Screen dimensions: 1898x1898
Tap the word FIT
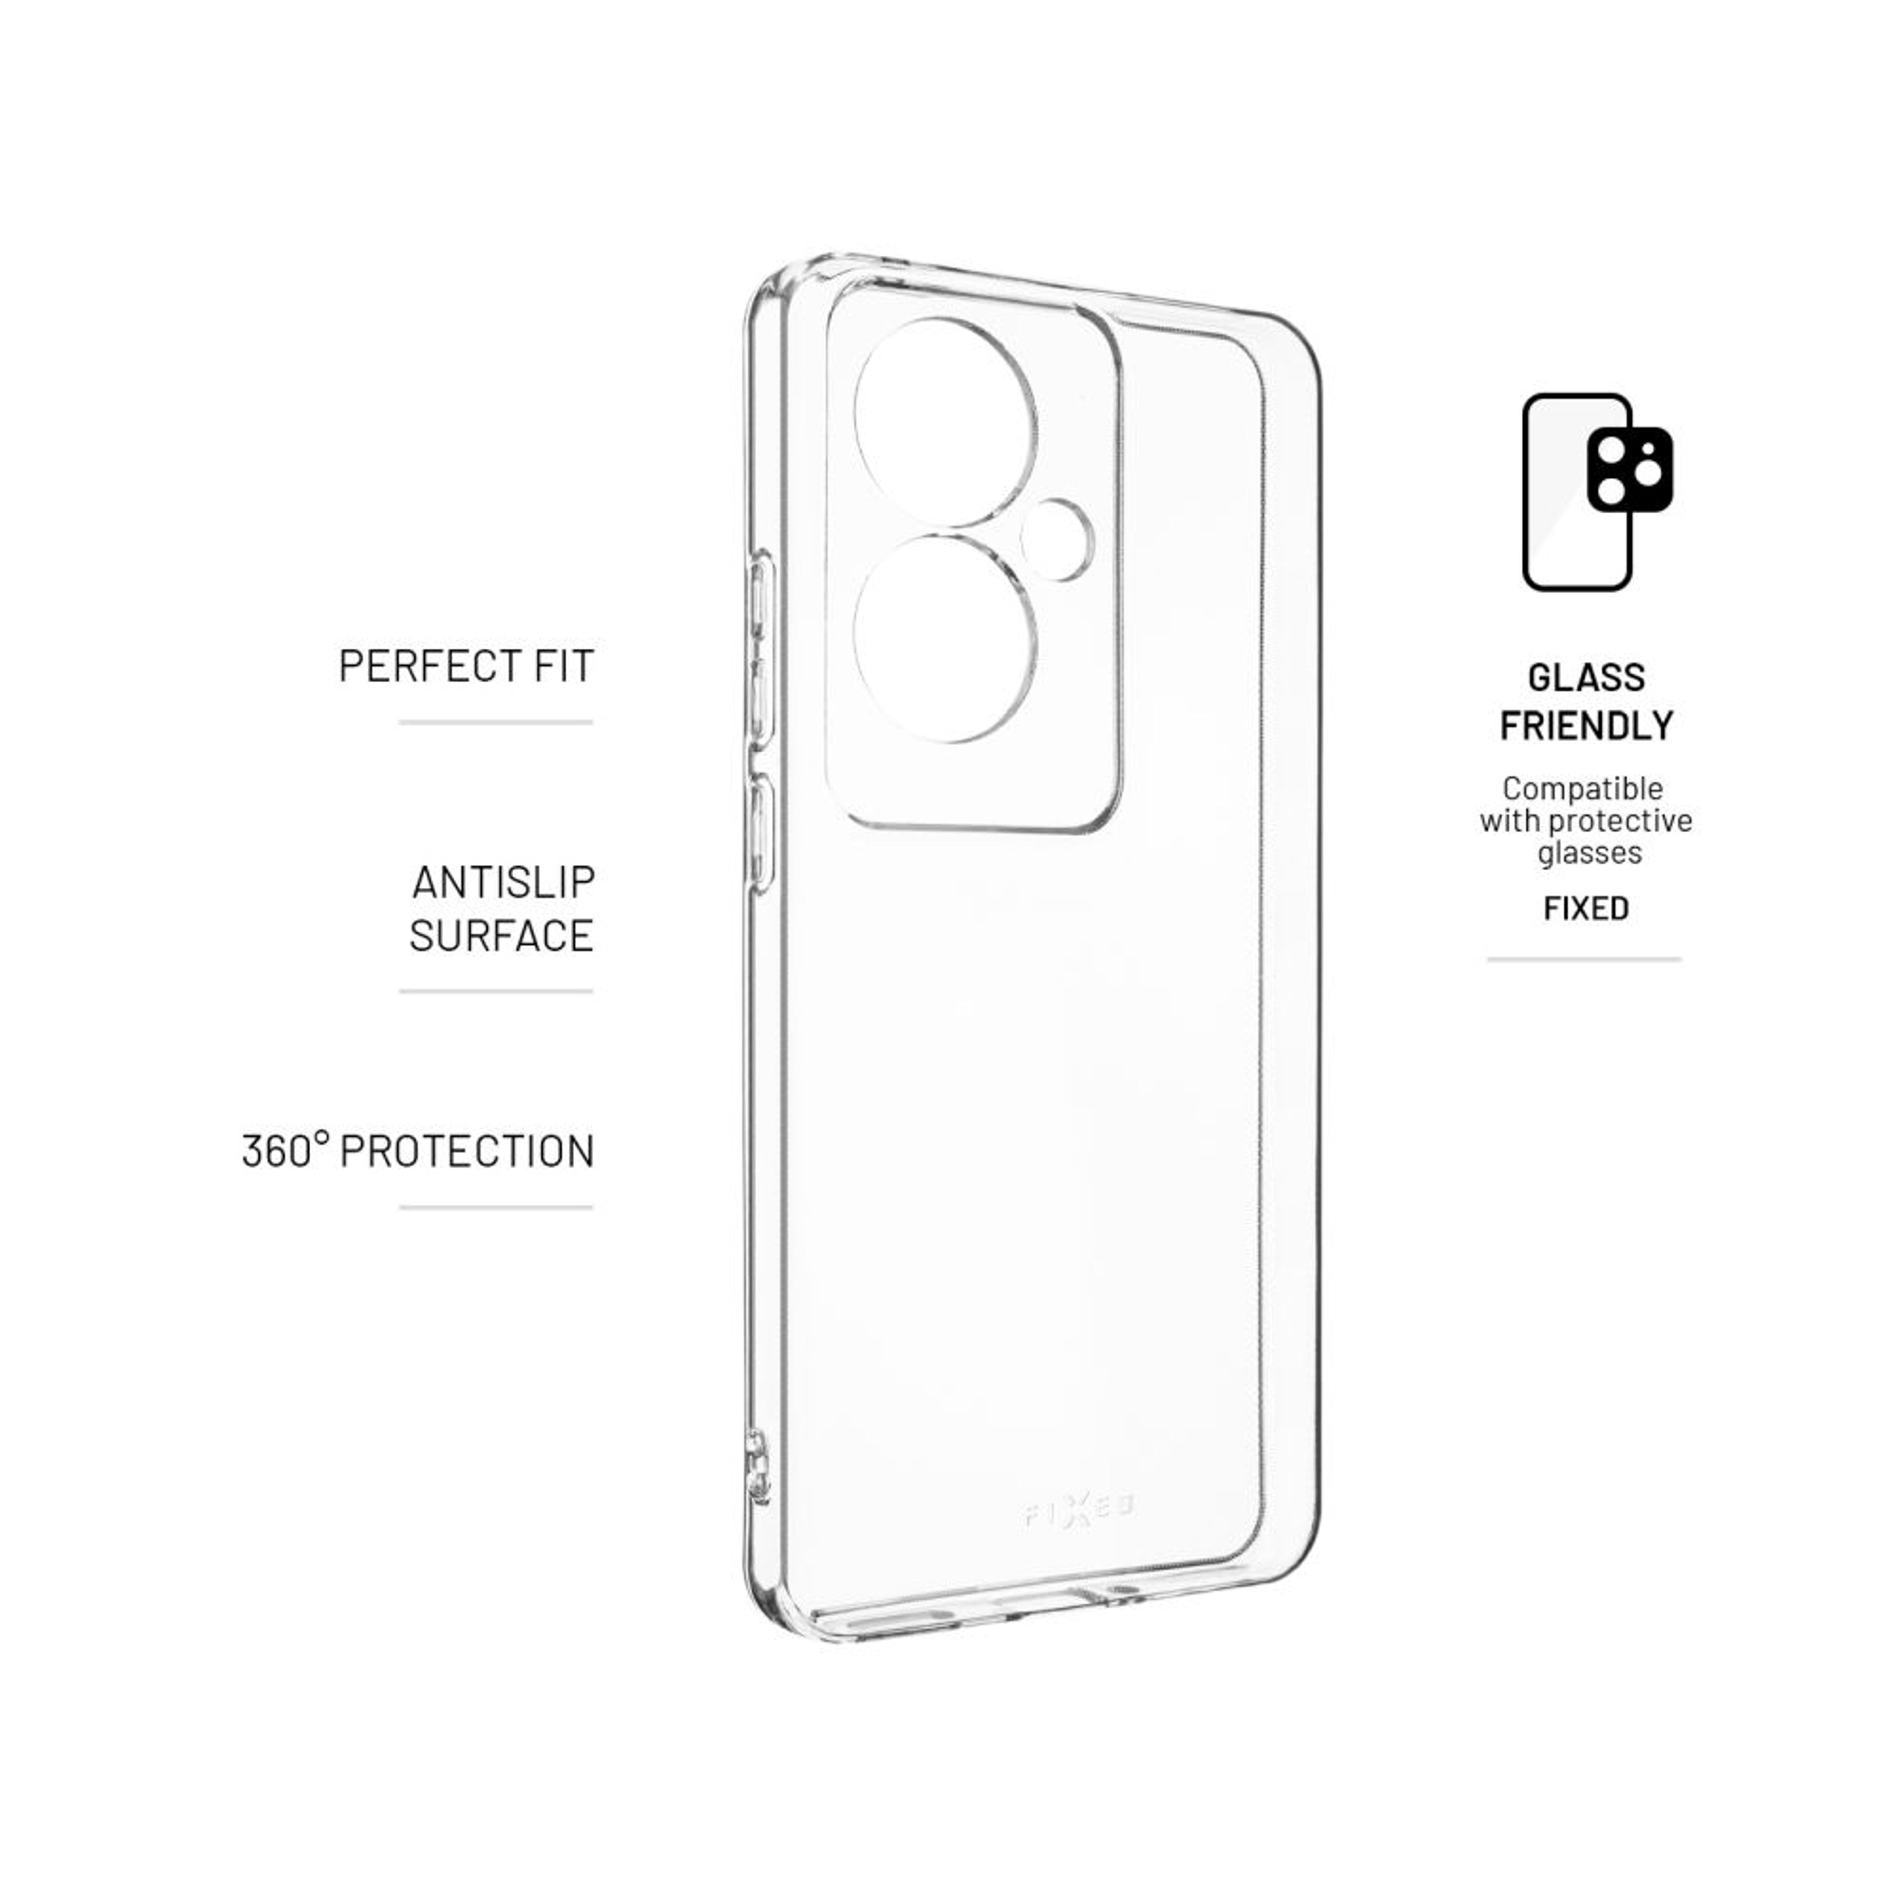[565, 666]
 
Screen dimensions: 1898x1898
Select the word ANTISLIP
[503, 882]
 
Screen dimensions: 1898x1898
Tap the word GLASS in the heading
[1586, 678]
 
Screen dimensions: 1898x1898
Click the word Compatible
[1583, 788]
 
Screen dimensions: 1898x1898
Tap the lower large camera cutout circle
[945, 638]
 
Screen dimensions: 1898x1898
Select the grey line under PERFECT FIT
[496, 722]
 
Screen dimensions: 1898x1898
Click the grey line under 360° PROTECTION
[496, 1207]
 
